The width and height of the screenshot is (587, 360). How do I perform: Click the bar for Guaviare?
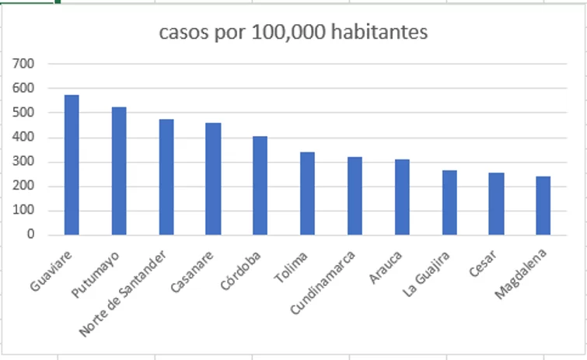[x=72, y=165]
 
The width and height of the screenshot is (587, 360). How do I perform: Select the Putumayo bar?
[x=119, y=171]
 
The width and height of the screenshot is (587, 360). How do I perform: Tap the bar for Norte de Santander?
[x=166, y=177]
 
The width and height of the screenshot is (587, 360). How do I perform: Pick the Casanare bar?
[x=213, y=179]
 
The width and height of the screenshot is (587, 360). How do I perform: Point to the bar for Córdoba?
[x=260, y=186]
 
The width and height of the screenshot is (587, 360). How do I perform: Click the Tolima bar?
[x=307, y=194]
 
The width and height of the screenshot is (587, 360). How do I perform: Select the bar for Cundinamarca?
[x=355, y=196]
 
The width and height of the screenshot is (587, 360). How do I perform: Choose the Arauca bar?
[x=401, y=197]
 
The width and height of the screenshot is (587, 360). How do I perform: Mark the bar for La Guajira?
[x=449, y=203]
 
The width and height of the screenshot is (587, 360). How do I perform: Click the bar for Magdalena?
[x=543, y=206]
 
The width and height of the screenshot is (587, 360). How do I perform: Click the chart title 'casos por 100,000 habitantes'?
[x=293, y=33]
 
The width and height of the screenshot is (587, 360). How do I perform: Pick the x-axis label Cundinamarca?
[x=323, y=283]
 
